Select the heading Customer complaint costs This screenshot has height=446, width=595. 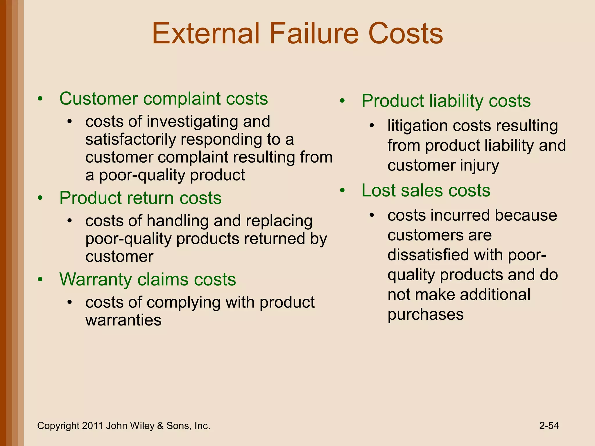(x=164, y=99)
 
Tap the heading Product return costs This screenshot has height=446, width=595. (x=140, y=198)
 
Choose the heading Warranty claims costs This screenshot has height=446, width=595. (x=148, y=279)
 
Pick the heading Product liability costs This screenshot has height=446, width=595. (x=446, y=101)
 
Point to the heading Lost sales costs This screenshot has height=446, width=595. (x=426, y=190)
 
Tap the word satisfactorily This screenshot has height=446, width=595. (x=130, y=139)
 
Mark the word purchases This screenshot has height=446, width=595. (x=425, y=314)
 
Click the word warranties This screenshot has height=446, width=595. (x=123, y=320)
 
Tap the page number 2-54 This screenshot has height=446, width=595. (x=549, y=426)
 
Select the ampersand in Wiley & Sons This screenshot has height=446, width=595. (x=160, y=426)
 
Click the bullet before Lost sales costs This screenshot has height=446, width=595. (x=343, y=190)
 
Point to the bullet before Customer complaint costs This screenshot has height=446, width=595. (x=40, y=99)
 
